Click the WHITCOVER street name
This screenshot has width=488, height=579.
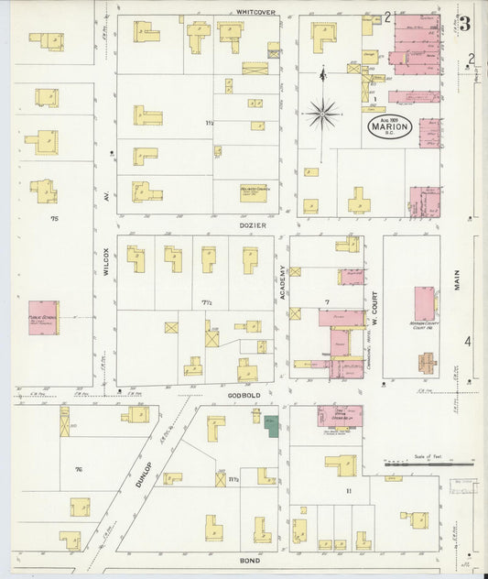point(255,11)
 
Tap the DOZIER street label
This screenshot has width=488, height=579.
point(254,224)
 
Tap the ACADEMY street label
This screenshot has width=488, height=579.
point(283,283)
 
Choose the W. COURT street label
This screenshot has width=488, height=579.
point(374,308)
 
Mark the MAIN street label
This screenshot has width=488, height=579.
point(457,275)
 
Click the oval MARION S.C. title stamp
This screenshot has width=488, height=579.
point(390,127)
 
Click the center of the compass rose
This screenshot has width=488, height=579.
point(322,115)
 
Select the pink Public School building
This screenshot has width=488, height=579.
point(43,317)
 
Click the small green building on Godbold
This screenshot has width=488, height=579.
point(272,422)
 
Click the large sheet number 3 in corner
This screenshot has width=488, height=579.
point(465,23)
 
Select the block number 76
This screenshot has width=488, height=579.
point(79,469)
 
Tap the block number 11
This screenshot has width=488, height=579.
point(348,492)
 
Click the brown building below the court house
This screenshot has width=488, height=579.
point(427,363)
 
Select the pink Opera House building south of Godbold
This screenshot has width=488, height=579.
point(340,416)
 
